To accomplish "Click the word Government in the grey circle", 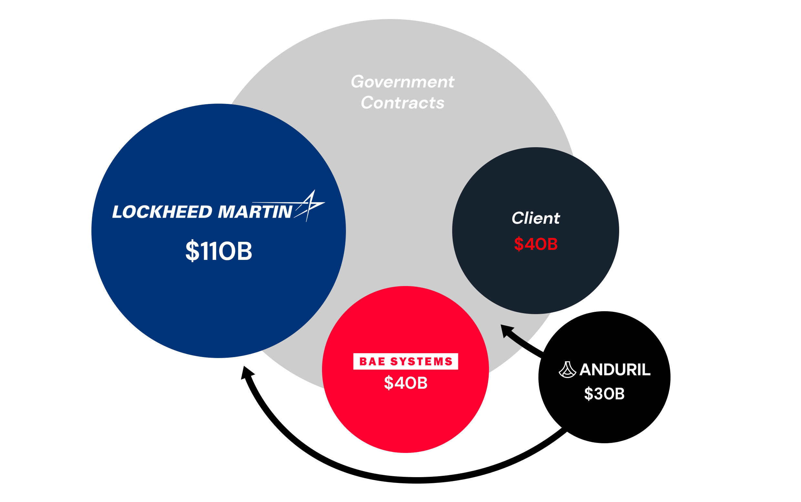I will click(402, 82).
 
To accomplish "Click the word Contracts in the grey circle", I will click(402, 103).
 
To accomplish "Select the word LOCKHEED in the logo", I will click(162, 212).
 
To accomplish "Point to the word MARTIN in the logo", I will click(255, 212).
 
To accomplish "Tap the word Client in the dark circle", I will click(535, 218).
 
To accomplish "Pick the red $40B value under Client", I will click(535, 244).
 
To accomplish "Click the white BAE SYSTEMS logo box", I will click(405, 361).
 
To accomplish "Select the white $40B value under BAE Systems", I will click(405, 383).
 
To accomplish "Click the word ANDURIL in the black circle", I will click(615, 370).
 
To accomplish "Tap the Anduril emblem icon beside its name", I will click(567, 370).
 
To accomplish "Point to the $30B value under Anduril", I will click(604, 394).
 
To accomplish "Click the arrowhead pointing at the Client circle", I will click(506, 330).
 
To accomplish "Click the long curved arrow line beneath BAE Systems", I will click(415, 480).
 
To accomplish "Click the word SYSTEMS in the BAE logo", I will click(421, 361).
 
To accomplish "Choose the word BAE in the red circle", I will click(372, 361).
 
